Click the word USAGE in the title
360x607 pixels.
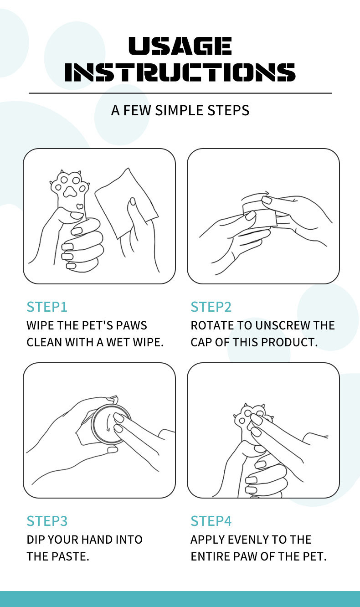pos(180,46)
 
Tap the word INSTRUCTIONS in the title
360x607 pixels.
pos(180,72)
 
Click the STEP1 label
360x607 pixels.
pos(47,307)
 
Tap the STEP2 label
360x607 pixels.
pos(211,307)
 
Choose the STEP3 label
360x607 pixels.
pos(47,521)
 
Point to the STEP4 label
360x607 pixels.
pos(211,521)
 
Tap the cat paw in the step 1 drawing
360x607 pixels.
pos(70,190)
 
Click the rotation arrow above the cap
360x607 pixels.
pos(255,195)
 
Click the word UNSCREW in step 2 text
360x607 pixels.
pos(283,325)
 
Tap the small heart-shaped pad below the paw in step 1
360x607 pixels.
pos(80,206)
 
